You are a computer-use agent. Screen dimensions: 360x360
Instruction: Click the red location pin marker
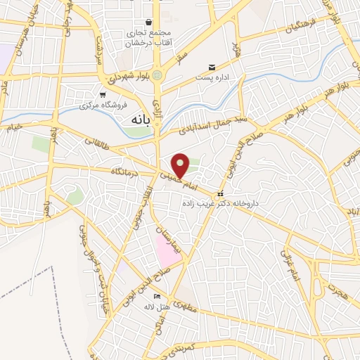tap(181, 165)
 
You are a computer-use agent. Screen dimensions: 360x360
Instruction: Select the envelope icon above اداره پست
tap(212, 67)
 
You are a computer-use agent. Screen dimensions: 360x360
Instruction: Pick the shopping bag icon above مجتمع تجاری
tap(148, 22)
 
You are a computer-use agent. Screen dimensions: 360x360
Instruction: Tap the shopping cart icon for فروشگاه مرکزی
tap(103, 94)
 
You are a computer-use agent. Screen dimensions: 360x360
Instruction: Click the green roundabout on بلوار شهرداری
tap(157, 75)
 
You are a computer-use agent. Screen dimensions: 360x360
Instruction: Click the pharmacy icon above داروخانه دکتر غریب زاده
tap(221, 193)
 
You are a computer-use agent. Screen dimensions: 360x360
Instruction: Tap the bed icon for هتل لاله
tap(156, 297)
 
